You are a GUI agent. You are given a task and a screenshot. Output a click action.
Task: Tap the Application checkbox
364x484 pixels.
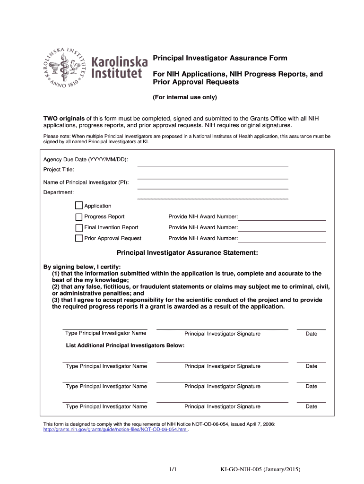(x=79, y=206)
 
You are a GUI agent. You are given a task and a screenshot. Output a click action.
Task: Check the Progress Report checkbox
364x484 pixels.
(x=79, y=216)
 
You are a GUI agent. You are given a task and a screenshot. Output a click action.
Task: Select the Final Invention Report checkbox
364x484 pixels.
(x=79, y=227)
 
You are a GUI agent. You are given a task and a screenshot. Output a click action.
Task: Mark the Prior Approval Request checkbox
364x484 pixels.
(x=79, y=238)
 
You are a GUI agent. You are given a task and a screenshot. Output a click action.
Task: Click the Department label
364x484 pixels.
(x=59, y=192)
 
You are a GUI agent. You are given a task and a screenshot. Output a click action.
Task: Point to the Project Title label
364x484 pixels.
(x=59, y=170)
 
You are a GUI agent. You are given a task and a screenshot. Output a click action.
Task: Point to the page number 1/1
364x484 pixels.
(x=173, y=469)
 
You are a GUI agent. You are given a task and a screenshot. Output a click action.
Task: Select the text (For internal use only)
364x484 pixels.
(x=184, y=97)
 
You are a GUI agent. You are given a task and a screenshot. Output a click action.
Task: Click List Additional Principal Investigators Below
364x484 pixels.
(x=125, y=346)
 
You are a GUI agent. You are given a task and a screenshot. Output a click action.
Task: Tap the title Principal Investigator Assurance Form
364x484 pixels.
(x=219, y=58)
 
